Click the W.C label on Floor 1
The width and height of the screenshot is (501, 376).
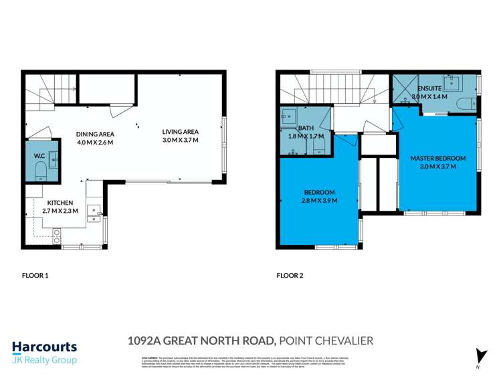(x=39, y=157)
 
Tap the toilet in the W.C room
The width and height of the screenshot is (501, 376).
(x=39, y=169)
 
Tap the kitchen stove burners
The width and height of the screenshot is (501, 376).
(x=57, y=236)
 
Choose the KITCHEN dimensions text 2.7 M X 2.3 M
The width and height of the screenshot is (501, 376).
(x=62, y=211)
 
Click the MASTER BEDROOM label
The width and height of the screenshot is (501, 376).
(x=437, y=158)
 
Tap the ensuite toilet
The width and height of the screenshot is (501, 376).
(x=466, y=103)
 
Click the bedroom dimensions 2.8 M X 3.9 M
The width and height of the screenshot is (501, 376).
(x=318, y=200)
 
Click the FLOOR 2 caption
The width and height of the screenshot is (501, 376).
(x=291, y=275)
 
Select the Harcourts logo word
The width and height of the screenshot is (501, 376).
(x=44, y=347)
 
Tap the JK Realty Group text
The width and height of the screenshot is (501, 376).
(x=44, y=360)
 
